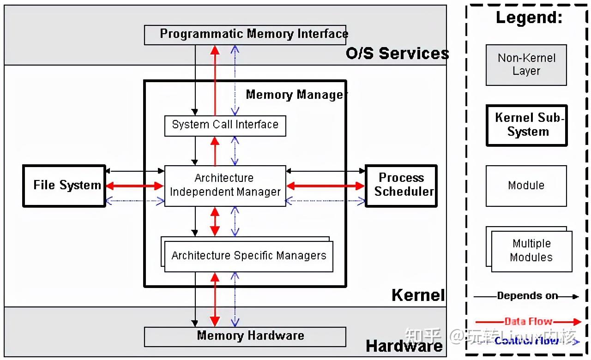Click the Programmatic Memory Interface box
point(245,35)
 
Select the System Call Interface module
point(225,126)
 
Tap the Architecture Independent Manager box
point(225,186)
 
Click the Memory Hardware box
point(245,336)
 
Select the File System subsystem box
point(64,186)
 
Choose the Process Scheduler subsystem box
point(401,186)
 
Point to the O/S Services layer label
point(397,54)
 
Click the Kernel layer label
point(418,295)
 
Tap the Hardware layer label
point(404,346)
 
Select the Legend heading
point(529,18)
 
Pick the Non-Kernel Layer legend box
point(526,65)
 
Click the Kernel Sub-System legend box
point(526,125)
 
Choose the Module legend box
point(526,186)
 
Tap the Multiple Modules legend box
point(531,251)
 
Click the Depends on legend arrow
point(526,296)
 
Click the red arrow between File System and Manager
point(134,186)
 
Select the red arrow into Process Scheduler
point(326,186)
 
